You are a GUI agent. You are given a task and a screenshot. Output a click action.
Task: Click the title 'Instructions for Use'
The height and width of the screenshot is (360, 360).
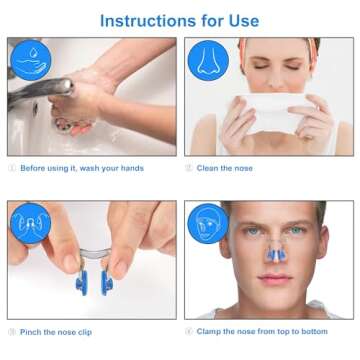180,20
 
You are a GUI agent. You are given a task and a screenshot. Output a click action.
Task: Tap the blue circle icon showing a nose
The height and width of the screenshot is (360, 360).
207,60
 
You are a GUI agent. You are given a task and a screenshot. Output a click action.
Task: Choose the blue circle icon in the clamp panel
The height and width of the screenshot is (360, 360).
207,223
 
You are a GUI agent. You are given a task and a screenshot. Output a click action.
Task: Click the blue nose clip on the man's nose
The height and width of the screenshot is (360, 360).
271,257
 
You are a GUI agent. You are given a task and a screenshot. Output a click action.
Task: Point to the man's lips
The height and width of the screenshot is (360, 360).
271,281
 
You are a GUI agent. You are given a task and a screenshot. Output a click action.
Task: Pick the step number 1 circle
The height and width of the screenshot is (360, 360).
11,167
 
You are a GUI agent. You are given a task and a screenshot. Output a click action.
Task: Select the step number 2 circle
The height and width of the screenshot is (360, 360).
189,167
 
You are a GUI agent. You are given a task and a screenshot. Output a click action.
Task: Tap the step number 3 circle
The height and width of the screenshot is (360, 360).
11,331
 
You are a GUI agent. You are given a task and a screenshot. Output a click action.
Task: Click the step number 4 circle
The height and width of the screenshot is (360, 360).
189,331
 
